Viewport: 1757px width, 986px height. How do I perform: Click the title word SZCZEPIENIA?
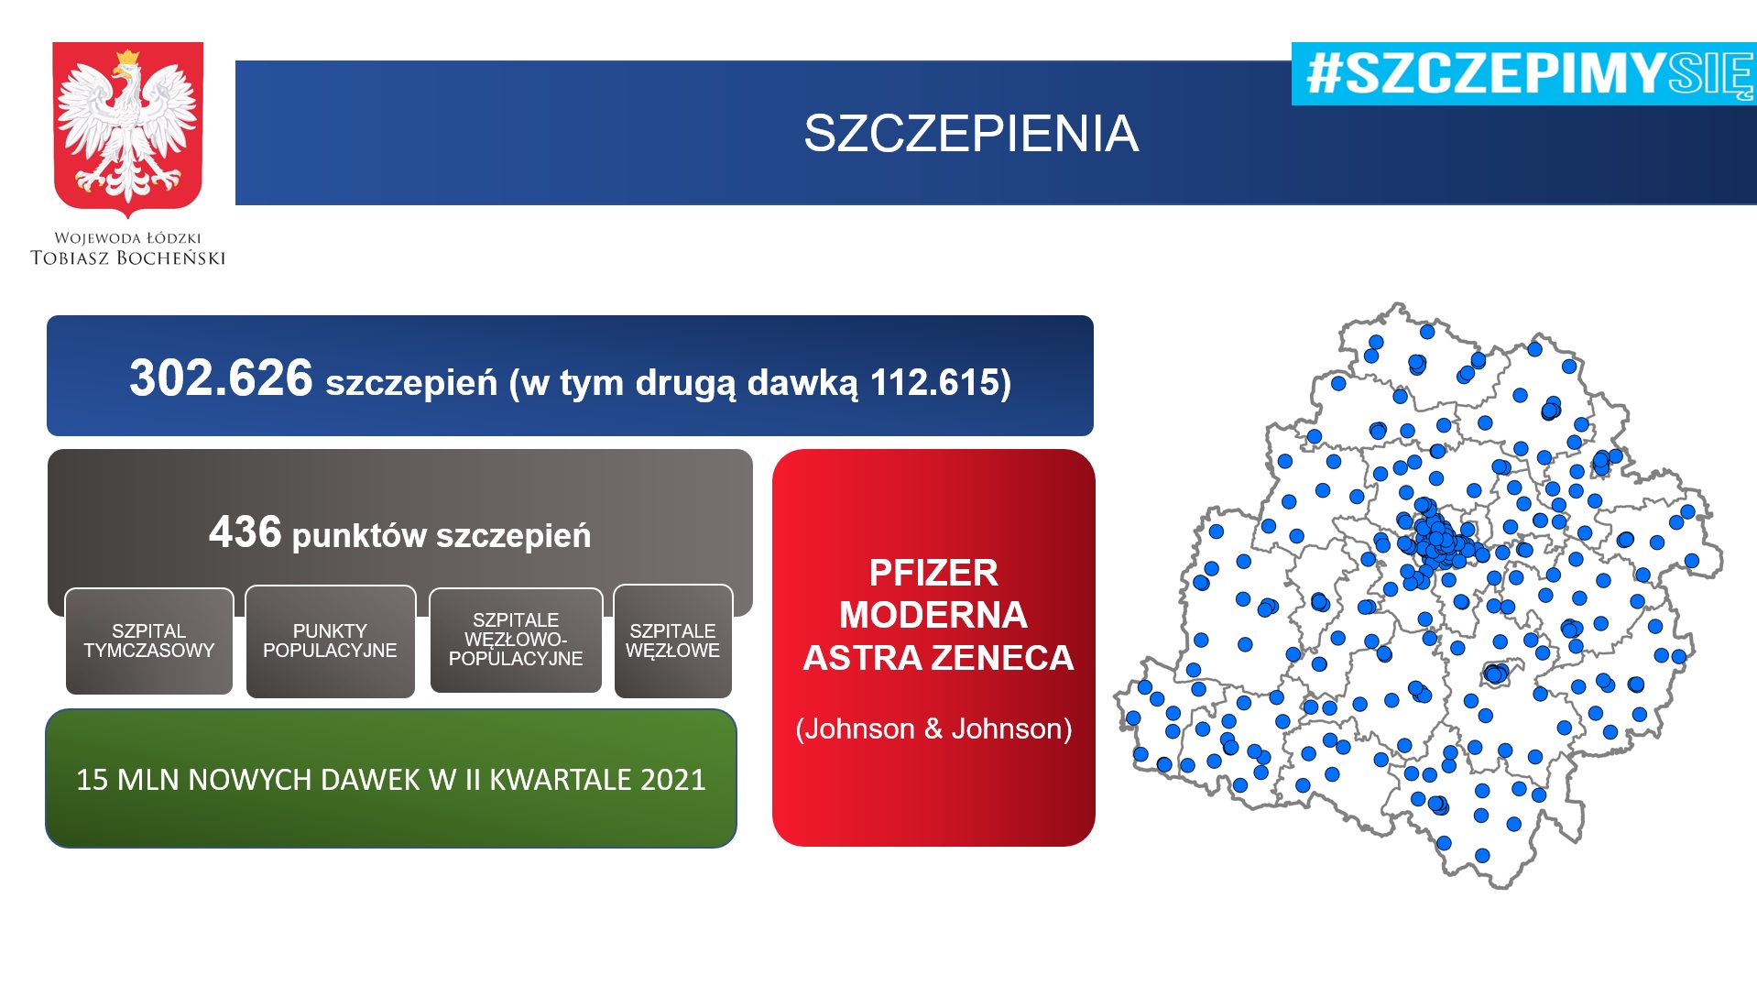coord(971,134)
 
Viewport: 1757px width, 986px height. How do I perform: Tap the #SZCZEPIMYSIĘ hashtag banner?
coord(1524,73)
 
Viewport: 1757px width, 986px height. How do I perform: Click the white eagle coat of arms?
coord(128,128)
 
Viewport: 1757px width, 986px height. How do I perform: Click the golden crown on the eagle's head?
coord(127,60)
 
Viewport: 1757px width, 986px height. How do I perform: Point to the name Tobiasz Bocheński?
coord(128,258)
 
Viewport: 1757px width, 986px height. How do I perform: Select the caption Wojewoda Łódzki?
coord(127,238)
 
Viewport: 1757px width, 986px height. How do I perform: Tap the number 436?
coord(245,532)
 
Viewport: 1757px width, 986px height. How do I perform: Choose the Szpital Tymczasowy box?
coord(149,641)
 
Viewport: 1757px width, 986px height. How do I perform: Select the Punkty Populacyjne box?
coord(331,641)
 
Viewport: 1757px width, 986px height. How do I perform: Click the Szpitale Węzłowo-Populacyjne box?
coord(516,641)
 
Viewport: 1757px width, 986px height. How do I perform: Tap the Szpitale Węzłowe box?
coord(673,641)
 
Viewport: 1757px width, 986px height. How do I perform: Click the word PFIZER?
coord(933,574)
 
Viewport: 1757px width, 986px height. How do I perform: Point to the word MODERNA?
coord(933,615)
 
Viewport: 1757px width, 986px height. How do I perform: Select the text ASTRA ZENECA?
coord(938,658)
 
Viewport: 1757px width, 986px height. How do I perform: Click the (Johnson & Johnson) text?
coord(933,729)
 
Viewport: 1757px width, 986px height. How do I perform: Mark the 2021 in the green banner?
coord(673,780)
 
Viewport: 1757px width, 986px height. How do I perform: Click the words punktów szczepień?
coord(442,537)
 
